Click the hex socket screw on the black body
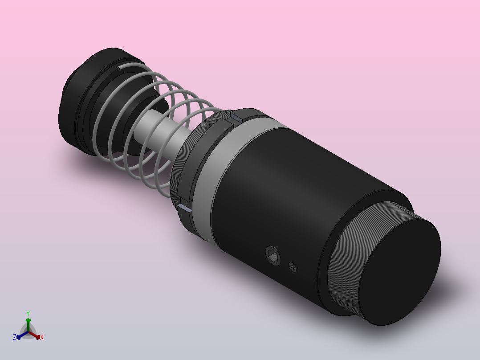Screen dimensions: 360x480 [x=273, y=255]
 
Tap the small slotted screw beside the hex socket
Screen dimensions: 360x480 [x=293, y=267]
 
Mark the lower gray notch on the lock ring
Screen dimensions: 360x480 [x=184, y=207]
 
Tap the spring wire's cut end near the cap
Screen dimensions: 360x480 [x=120, y=68]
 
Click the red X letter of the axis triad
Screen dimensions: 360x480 [x=42, y=338]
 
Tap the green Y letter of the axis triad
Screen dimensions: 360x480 [x=28, y=313]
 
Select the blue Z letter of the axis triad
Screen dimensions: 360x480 [x=15, y=338]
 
